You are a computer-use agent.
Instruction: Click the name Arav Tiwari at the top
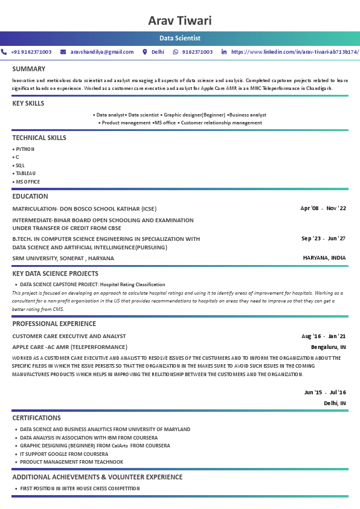[x=180, y=21]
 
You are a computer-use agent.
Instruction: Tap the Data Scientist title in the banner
[x=180, y=38]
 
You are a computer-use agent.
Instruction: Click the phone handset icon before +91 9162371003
[x=4, y=52]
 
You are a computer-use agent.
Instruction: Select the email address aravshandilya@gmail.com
[x=102, y=52]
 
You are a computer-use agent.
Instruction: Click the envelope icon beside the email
[x=64, y=52]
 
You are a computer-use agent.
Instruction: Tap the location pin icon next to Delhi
[x=145, y=52]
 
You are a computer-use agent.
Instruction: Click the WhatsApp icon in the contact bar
[x=176, y=52]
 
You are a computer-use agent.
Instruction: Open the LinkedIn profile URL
[x=295, y=52]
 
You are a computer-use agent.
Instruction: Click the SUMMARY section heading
[x=28, y=69]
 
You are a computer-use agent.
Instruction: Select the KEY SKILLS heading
[x=28, y=103]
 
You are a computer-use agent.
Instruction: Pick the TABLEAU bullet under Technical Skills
[x=25, y=173]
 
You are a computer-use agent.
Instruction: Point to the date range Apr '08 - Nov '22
[x=323, y=208]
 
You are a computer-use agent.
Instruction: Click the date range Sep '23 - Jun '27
[x=323, y=238]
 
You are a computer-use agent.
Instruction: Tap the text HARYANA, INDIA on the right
[x=324, y=258]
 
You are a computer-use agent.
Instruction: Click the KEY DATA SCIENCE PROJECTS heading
[x=55, y=274]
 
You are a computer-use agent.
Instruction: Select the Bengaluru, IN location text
[x=328, y=347]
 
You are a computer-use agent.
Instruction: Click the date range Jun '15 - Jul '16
[x=325, y=392]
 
